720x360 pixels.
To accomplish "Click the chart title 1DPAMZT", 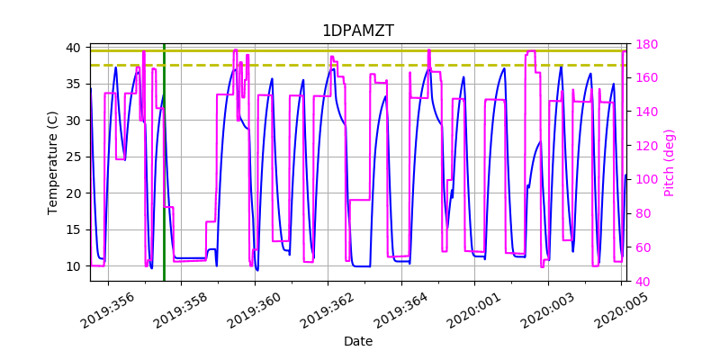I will [x=358, y=31].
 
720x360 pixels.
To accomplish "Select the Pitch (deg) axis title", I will [x=669, y=162].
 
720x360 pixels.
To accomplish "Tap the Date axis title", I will [x=358, y=341].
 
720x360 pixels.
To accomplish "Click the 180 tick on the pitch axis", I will [x=645, y=44].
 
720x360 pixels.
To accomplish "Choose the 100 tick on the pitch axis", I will [x=645, y=180].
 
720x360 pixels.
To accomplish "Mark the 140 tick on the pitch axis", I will [x=645, y=112].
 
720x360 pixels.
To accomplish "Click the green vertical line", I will [x=164, y=180].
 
